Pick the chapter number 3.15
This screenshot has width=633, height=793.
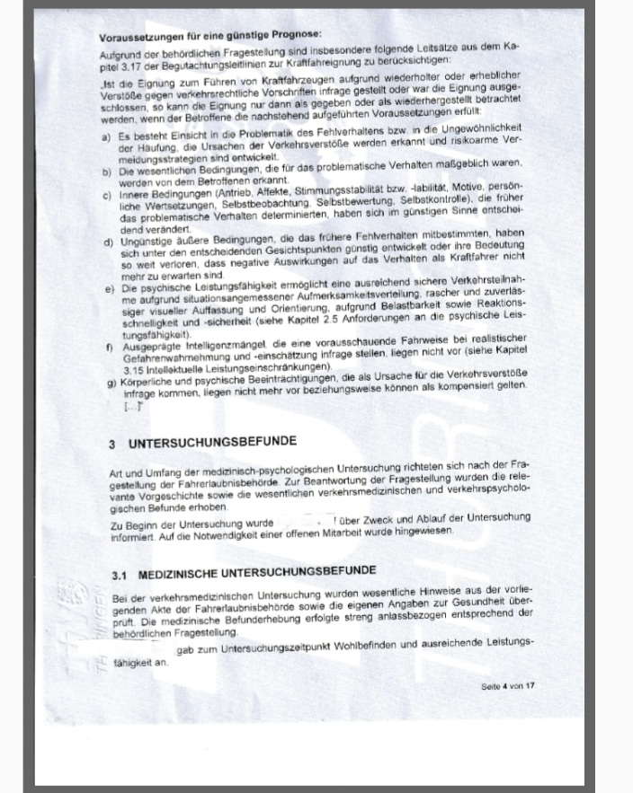coord(131,371)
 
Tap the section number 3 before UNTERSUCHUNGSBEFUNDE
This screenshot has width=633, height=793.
coord(111,444)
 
